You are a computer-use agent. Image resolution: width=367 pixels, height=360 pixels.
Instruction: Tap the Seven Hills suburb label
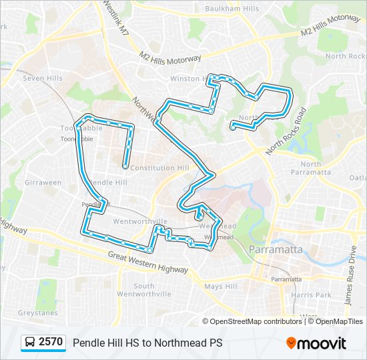(43, 78)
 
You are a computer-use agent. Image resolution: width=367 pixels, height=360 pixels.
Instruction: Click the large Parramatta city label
(276, 249)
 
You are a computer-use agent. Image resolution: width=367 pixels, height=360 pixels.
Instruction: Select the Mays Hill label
(221, 287)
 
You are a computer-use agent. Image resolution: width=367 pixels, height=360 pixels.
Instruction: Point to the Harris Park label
(315, 295)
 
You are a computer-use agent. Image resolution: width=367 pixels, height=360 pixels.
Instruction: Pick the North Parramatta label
(316, 168)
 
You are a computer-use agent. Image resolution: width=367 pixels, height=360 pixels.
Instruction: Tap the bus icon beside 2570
(30, 343)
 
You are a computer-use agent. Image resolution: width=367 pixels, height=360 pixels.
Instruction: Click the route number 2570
(51, 343)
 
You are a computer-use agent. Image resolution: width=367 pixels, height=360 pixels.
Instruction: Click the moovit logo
(316, 343)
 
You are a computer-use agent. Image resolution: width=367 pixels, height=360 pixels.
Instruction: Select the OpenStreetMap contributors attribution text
(256, 321)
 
